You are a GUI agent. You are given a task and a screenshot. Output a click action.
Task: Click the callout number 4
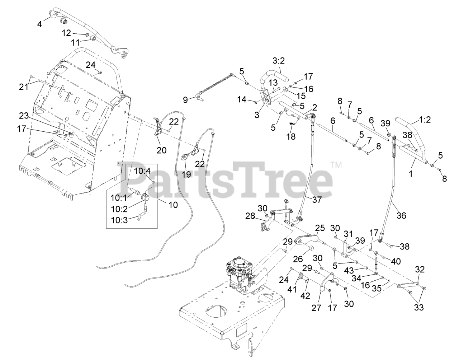point(39,24)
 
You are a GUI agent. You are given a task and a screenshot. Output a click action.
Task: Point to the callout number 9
point(185,99)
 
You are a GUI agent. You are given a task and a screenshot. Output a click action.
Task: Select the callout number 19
point(185,175)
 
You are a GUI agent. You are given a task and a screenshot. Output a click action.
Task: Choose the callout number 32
point(420,270)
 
